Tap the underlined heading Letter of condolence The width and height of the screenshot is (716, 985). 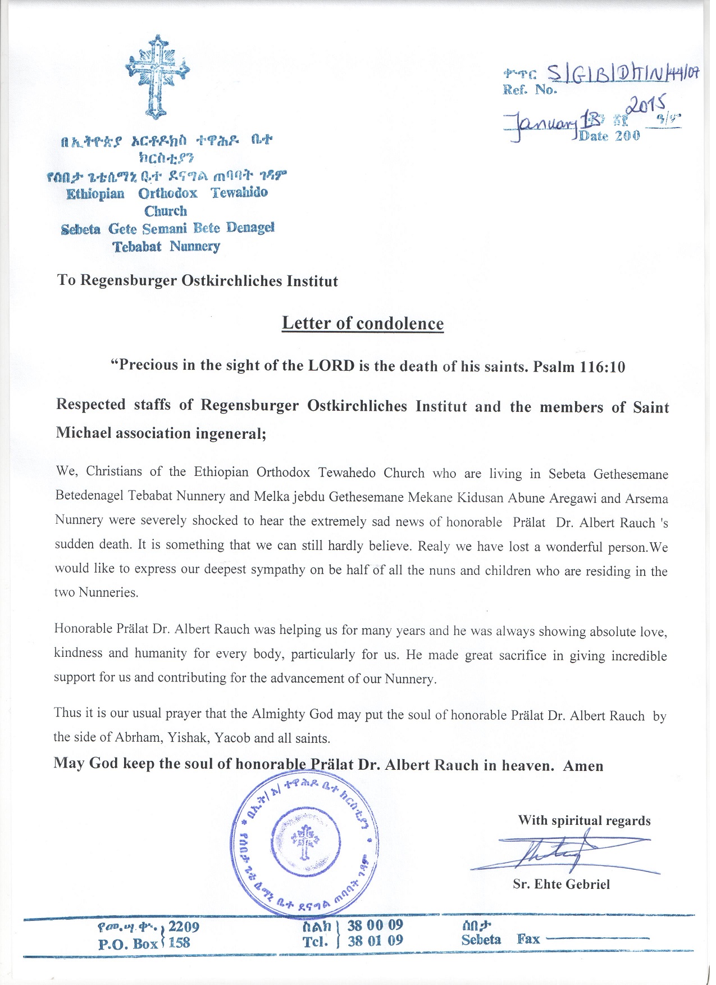coord(362,323)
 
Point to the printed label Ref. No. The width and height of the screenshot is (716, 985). coord(530,89)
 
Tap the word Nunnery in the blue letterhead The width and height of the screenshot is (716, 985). coord(195,246)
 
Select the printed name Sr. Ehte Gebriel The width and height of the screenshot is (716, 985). coord(561,884)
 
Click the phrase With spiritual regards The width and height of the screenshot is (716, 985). coord(584,820)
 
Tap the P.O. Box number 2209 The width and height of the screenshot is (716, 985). coord(184,927)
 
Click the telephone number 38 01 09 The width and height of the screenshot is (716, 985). coord(375,941)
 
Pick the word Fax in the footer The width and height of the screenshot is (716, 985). coord(528,939)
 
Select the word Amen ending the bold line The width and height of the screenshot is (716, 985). coord(583,766)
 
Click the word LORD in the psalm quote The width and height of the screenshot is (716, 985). coord(331,366)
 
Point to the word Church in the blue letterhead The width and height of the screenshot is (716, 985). coord(166,211)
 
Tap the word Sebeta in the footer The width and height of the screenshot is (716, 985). coord(481,939)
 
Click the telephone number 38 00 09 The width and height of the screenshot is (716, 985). coord(375,925)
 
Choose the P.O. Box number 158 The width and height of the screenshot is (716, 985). coord(179,943)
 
